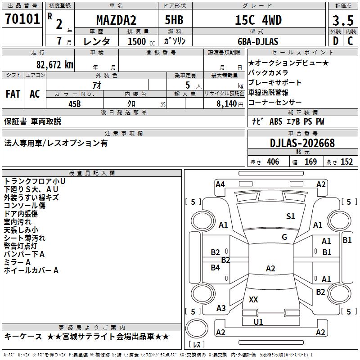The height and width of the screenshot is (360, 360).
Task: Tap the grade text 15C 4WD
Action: pyautogui.click(x=258, y=20)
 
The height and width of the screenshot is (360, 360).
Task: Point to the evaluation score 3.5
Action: pyautogui.click(x=342, y=21)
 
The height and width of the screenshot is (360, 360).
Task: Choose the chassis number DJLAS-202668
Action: pyautogui.click(x=302, y=143)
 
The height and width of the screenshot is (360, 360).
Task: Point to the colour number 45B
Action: pyautogui.click(x=74, y=103)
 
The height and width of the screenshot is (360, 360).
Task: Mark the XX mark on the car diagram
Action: pyautogui.click(x=253, y=299)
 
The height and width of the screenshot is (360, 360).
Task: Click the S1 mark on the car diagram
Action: pyautogui.click(x=291, y=216)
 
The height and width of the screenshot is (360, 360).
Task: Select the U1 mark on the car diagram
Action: pyautogui.click(x=258, y=322)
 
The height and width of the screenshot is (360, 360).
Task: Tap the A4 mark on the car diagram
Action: pyautogui.click(x=220, y=184)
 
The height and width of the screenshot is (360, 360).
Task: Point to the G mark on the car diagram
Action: pyautogui.click(x=284, y=237)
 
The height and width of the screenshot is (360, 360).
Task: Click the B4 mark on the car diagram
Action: pyautogui.click(x=216, y=268)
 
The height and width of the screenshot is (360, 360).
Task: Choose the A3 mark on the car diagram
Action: pyautogui.click(x=221, y=308)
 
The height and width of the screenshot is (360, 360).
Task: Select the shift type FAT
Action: pyautogui.click(x=13, y=94)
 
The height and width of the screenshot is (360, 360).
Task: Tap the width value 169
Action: pyautogui.click(x=310, y=162)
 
